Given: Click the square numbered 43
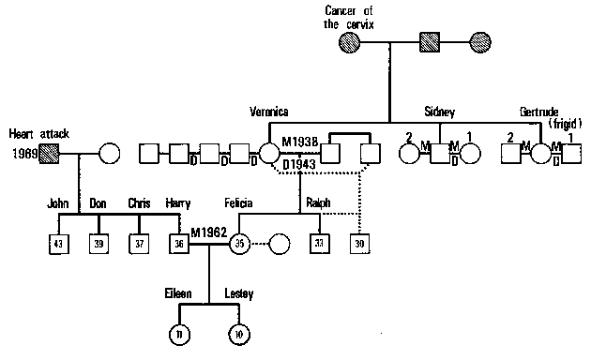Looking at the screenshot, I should [x=59, y=244].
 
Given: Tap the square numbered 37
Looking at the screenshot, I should [x=140, y=244].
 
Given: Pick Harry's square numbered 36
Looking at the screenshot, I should [x=180, y=244].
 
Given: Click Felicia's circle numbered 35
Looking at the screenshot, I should [x=239, y=244].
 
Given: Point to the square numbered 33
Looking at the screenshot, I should [x=320, y=244].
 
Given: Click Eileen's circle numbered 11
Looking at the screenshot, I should [x=179, y=333].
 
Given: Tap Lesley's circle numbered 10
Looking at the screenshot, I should [x=239, y=333].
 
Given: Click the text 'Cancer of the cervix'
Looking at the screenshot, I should [x=349, y=17].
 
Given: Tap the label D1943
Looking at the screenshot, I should [x=301, y=165].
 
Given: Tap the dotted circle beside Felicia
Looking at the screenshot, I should [x=280, y=244].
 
